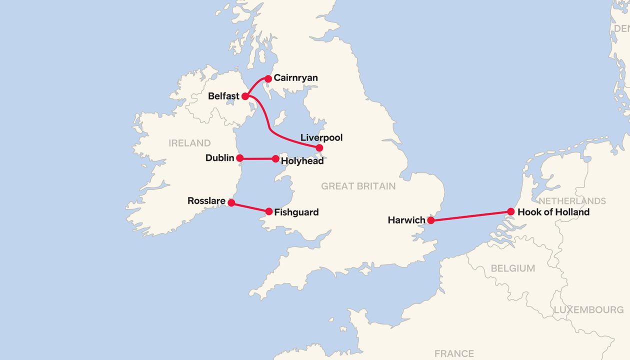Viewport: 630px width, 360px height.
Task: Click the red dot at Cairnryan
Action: pyautogui.click(x=268, y=78)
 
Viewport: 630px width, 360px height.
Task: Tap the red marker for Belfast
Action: pyautogui.click(x=245, y=96)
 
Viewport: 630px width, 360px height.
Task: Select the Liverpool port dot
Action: pyautogui.click(x=319, y=147)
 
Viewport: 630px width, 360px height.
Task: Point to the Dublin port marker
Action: pyautogui.click(x=239, y=158)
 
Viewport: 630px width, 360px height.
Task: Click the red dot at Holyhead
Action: pyautogui.click(x=275, y=158)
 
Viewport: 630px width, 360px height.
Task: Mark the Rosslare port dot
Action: pyautogui.click(x=231, y=202)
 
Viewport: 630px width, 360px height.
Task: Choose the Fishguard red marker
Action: pyautogui.click(x=269, y=211)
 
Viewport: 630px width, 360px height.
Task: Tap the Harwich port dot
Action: pyautogui.click(x=430, y=219)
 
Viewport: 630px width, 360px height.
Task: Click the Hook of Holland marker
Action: pyautogui.click(x=510, y=211)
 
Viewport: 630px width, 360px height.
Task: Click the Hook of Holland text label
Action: pyautogui.click(x=553, y=212)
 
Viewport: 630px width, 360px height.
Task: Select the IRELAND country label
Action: pyautogui.click(x=189, y=143)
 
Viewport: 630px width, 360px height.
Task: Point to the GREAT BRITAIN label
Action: pyautogui.click(x=358, y=186)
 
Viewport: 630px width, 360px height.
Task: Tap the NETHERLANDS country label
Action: pyautogui.click(x=572, y=201)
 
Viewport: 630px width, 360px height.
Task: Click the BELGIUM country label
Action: pyautogui.click(x=512, y=268)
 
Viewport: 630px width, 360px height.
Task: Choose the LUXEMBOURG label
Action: pyautogui.click(x=588, y=310)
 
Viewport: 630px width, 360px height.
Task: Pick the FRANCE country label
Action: pyautogui.click(x=454, y=353)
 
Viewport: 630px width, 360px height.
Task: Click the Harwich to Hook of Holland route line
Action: pyautogui.click(x=470, y=215)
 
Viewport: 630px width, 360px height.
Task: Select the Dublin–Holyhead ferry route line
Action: pyautogui.click(x=257, y=158)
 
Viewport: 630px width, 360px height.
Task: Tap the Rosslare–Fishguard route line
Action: pyautogui.click(x=250, y=207)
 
